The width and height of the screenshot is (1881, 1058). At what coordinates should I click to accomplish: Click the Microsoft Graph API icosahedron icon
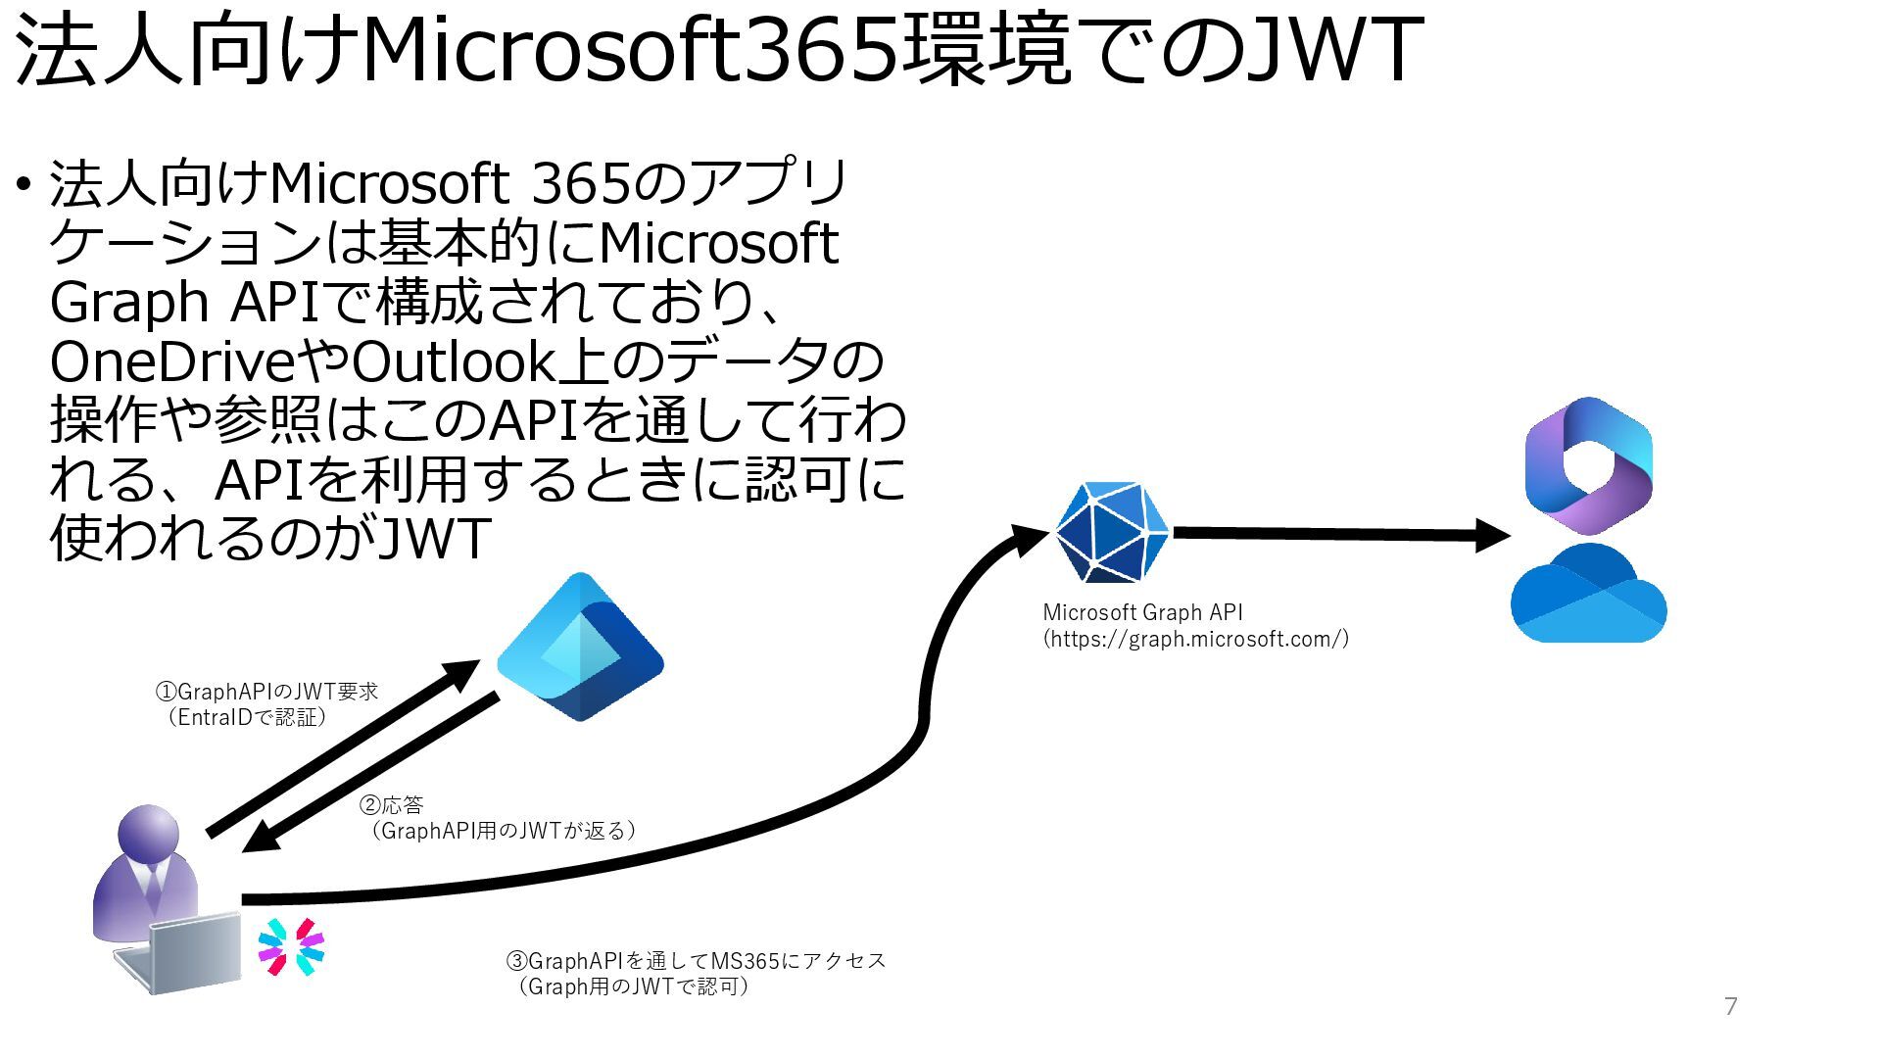point(1112,532)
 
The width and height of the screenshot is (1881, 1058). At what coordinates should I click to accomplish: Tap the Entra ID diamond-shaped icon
point(580,648)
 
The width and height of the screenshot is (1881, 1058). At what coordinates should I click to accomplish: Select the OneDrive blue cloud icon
point(1588,596)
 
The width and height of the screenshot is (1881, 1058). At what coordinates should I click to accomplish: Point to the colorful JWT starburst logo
point(291,947)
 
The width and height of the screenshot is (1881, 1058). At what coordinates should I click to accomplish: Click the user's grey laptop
point(186,952)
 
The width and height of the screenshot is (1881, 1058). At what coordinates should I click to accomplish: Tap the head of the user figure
point(149,836)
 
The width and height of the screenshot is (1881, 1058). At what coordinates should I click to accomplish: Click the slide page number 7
point(1730,1006)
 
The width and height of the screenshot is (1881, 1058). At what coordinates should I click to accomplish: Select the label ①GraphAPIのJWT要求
point(266,692)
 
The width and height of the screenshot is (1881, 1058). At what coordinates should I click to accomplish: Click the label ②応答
point(392,805)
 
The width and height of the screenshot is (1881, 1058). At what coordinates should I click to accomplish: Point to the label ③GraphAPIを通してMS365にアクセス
point(696,961)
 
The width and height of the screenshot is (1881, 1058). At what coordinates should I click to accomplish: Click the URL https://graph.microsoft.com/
point(1196,640)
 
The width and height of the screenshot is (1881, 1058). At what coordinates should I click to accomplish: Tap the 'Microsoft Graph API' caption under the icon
point(1142,613)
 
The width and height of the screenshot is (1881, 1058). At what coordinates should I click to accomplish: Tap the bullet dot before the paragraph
point(23,185)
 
